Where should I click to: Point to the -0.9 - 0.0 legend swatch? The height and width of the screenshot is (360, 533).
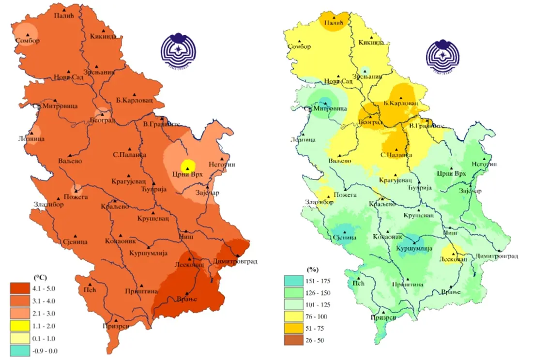click(x=21, y=350)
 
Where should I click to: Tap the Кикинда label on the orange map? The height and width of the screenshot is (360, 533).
click(x=103, y=37)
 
